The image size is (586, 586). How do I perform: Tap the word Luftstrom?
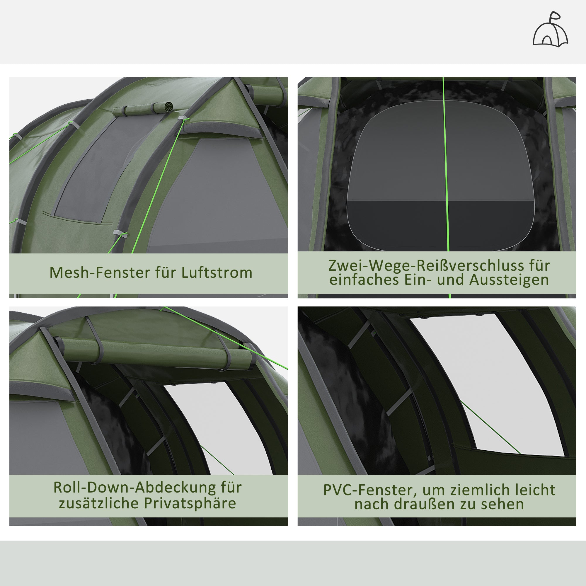[217, 273]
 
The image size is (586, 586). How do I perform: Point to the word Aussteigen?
[509, 280]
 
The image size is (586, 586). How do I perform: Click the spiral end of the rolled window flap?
[167, 106]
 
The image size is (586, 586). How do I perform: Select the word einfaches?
[364, 280]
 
